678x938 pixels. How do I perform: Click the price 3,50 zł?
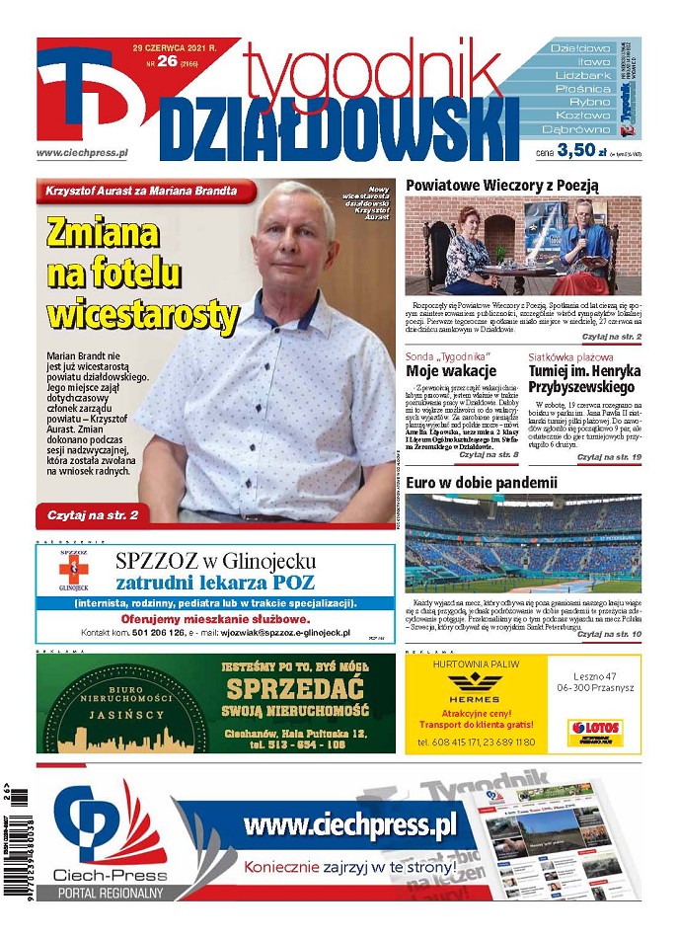point(577,151)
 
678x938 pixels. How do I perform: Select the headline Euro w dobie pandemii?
point(482,483)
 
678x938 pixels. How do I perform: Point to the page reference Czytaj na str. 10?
point(609,633)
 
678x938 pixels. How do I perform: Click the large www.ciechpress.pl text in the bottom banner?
point(349,824)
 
